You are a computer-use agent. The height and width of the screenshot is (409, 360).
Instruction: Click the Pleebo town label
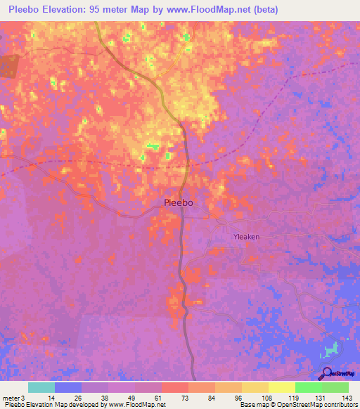pos(178,203)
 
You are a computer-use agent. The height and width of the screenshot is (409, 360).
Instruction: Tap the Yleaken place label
pos(246,237)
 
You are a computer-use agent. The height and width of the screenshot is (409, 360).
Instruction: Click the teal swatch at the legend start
pos(41,387)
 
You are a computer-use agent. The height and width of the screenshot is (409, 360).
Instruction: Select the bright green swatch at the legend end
pos(335,387)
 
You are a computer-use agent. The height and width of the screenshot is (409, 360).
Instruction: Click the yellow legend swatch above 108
pos(255,387)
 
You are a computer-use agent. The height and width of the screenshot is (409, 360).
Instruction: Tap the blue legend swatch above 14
pos(68,387)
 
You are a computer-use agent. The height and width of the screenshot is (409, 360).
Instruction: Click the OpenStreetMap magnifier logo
pos(326,372)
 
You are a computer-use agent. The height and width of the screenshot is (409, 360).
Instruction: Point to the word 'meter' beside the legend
pos(11,397)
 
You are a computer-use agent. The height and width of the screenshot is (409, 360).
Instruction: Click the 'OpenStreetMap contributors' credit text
pos(315,405)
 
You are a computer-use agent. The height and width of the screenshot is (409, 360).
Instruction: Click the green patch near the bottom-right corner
pos(333,349)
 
